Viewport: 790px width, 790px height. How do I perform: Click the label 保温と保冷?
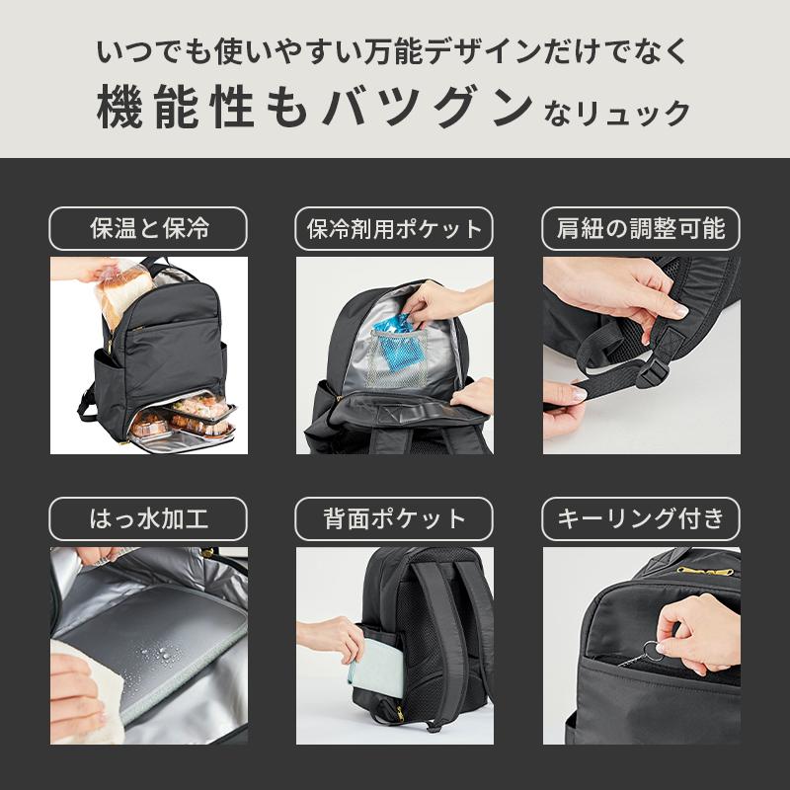tap(148, 229)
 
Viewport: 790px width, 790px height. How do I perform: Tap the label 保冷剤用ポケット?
tap(395, 229)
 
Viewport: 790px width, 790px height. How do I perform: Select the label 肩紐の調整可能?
tap(641, 229)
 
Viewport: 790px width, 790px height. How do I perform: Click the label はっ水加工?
tap(148, 518)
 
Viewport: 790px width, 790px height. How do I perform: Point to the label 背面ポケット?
tap(395, 518)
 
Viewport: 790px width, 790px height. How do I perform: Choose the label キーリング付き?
tap(641, 518)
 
